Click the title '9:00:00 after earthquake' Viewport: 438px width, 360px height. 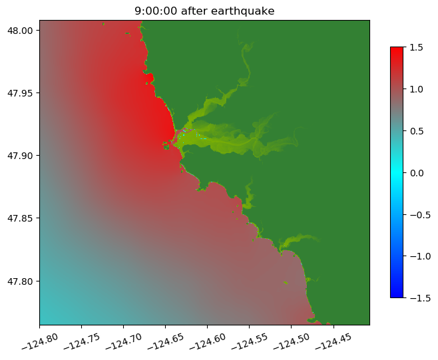coord(204,11)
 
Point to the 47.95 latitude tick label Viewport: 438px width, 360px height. coord(22,92)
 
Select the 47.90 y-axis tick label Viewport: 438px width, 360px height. coord(22,155)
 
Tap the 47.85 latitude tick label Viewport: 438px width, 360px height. coord(22,218)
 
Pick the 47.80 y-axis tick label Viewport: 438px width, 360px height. coord(22,281)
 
